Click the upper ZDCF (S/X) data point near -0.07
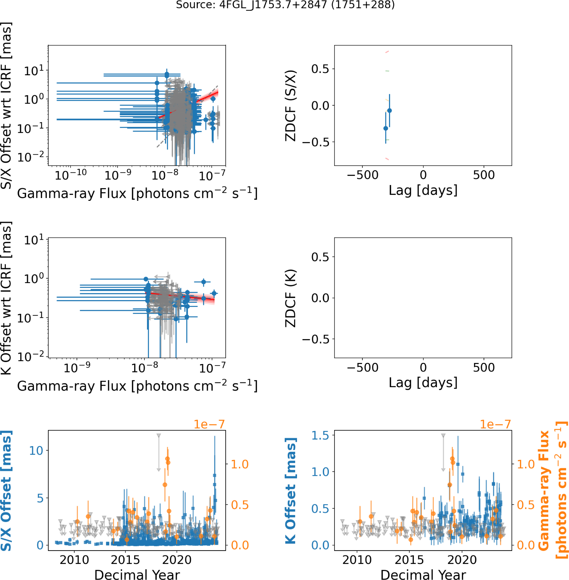pos(389,111)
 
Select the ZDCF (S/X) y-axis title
pos(291,105)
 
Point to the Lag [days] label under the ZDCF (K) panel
pos(423,383)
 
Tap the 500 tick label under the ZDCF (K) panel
pos(484,367)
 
